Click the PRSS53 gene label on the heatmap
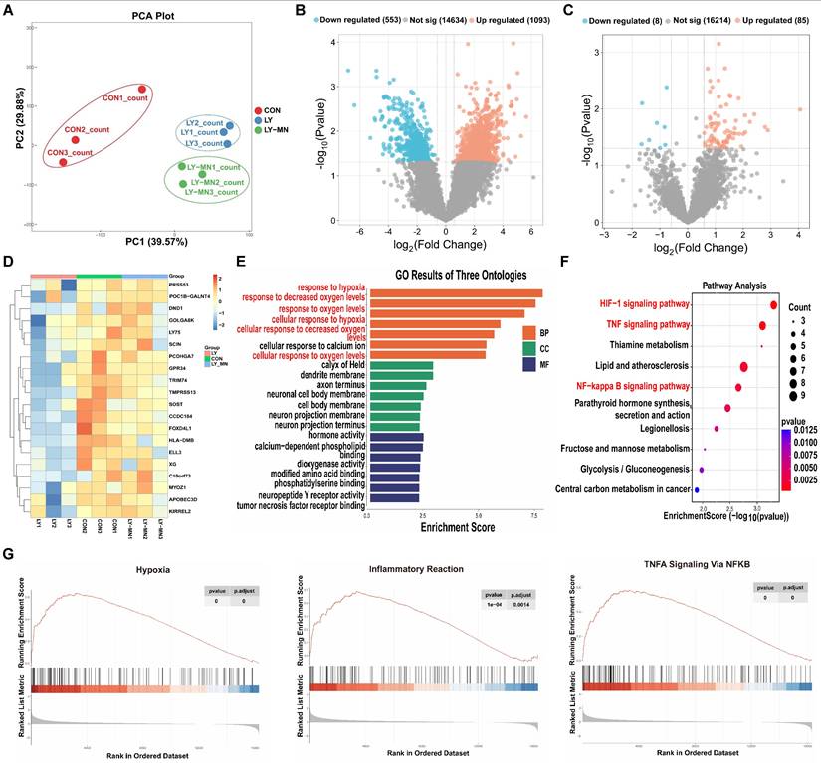181,272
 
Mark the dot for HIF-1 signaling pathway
773,304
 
